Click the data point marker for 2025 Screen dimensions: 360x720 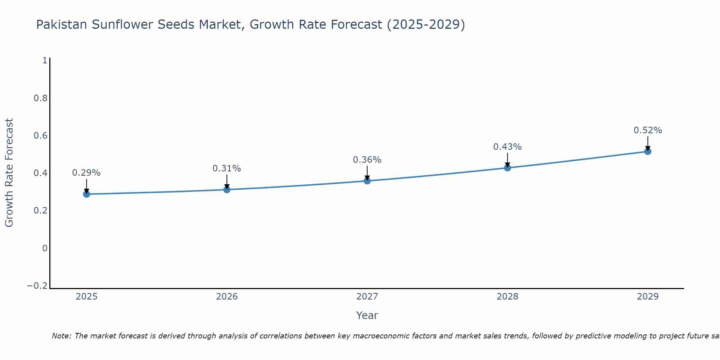(x=86, y=194)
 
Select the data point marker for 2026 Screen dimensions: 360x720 (x=227, y=189)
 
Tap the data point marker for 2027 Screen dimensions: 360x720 (x=367, y=181)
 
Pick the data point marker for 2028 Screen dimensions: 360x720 (x=507, y=168)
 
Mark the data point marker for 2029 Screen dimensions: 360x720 (x=648, y=151)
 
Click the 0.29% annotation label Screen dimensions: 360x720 (x=86, y=173)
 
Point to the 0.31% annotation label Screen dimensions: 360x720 (x=227, y=168)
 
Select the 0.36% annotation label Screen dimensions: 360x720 (x=367, y=160)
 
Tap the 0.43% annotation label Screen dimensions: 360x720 (x=507, y=147)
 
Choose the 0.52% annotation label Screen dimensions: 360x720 (x=648, y=130)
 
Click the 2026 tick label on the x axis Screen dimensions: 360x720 (x=227, y=297)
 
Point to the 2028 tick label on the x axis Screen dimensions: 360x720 (x=507, y=297)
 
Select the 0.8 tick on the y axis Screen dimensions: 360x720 (x=41, y=98)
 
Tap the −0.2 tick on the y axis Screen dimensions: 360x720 (x=37, y=286)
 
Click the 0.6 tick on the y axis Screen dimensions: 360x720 (x=41, y=136)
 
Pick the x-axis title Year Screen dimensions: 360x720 (x=367, y=315)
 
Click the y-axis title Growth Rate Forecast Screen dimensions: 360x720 (x=9, y=173)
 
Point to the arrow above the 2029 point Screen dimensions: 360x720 (x=648, y=143)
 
